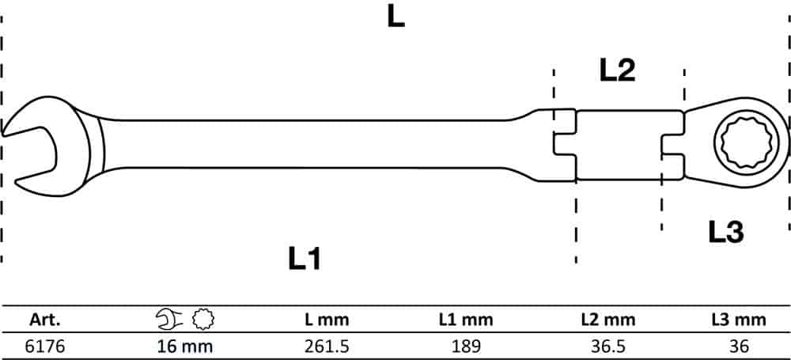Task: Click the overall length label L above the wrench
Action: click(396, 18)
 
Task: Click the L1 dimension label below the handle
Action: click(305, 259)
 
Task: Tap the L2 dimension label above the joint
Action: click(617, 70)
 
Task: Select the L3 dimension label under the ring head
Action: click(726, 233)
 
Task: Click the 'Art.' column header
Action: click(45, 320)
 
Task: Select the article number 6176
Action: click(45, 347)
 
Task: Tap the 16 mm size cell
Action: click(185, 347)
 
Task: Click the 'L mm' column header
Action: click(327, 320)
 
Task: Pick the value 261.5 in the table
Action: click(327, 347)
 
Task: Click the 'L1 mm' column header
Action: click(466, 320)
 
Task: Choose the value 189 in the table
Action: click(466, 347)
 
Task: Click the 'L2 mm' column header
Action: click(607, 320)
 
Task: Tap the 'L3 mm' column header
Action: click(739, 320)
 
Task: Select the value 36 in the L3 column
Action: click(739, 347)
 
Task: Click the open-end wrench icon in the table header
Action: click(169, 319)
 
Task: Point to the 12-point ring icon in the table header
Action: click(203, 319)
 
